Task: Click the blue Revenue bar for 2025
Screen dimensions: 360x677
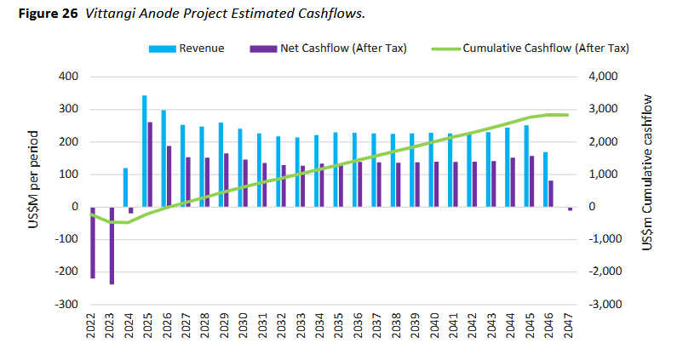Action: [145, 151]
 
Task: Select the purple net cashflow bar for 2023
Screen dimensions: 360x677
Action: [112, 245]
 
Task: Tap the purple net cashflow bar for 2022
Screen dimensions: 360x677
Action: [92, 242]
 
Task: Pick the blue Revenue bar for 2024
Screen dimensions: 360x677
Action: [125, 187]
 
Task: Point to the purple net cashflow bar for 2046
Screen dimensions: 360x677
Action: [551, 193]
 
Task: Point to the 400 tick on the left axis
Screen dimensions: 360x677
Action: [68, 77]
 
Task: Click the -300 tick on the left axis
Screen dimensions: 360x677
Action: [66, 304]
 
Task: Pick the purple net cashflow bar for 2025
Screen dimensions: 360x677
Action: [151, 163]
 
